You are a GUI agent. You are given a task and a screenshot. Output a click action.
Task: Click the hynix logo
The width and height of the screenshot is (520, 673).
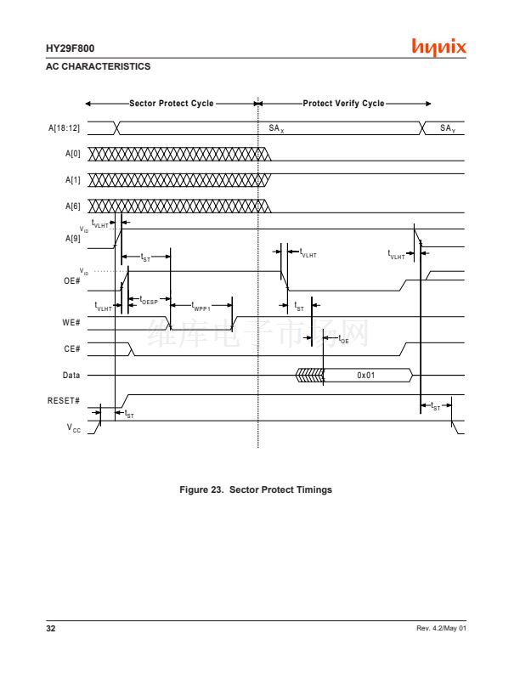click(x=438, y=47)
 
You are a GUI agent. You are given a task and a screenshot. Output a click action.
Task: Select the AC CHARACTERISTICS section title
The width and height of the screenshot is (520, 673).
click(x=98, y=66)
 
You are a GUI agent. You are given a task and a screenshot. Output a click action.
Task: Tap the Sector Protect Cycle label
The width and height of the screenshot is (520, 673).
click(x=172, y=104)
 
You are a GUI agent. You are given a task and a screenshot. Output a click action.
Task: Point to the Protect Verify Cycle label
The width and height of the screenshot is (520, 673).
click(x=343, y=104)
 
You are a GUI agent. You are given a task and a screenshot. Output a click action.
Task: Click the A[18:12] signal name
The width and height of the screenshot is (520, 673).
click(x=64, y=127)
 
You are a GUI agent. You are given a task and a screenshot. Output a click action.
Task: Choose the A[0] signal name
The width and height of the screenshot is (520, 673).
click(x=72, y=155)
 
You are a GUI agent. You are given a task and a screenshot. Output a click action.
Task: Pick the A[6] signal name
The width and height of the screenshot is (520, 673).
click(x=72, y=206)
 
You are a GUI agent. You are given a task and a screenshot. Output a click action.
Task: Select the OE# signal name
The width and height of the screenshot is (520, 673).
click(x=72, y=280)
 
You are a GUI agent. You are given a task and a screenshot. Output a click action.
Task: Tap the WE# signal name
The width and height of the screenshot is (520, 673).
click(x=72, y=323)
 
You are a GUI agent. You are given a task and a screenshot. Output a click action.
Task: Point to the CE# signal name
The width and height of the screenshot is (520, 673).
click(x=72, y=349)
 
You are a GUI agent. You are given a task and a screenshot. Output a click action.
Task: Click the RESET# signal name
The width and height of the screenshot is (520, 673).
click(x=65, y=400)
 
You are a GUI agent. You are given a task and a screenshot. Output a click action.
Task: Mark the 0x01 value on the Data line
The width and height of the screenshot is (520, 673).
click(x=366, y=375)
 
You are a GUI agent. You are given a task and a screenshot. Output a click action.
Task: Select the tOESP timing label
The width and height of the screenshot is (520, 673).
click(x=148, y=300)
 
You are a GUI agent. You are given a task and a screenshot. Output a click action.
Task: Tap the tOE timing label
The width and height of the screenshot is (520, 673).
click(x=343, y=339)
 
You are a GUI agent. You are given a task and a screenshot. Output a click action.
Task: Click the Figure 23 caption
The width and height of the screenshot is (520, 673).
click(x=255, y=489)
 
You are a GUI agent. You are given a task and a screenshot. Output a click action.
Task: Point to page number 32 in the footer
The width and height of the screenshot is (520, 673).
click(x=50, y=628)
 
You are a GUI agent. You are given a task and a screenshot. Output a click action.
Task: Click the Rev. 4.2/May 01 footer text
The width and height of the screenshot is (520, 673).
click(x=442, y=628)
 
